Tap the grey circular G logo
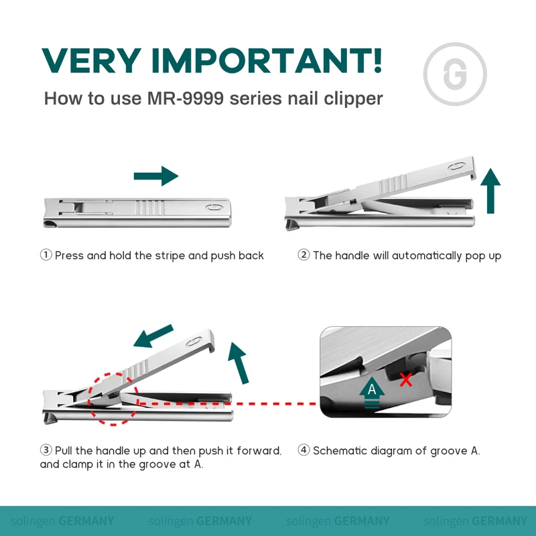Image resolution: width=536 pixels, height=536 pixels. coord(455,74)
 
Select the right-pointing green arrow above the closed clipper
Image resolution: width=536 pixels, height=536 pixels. coord(156,176)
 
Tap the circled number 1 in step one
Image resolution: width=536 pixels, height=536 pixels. coord(46,255)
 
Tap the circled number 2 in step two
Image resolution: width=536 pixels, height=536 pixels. coord(304,255)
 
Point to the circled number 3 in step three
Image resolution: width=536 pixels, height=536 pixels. coord(46,451)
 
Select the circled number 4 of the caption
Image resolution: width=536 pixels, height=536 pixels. coord(304,451)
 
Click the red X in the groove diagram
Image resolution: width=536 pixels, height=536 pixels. coord(406,380)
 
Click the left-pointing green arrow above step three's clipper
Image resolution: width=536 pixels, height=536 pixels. coord(154,337)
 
